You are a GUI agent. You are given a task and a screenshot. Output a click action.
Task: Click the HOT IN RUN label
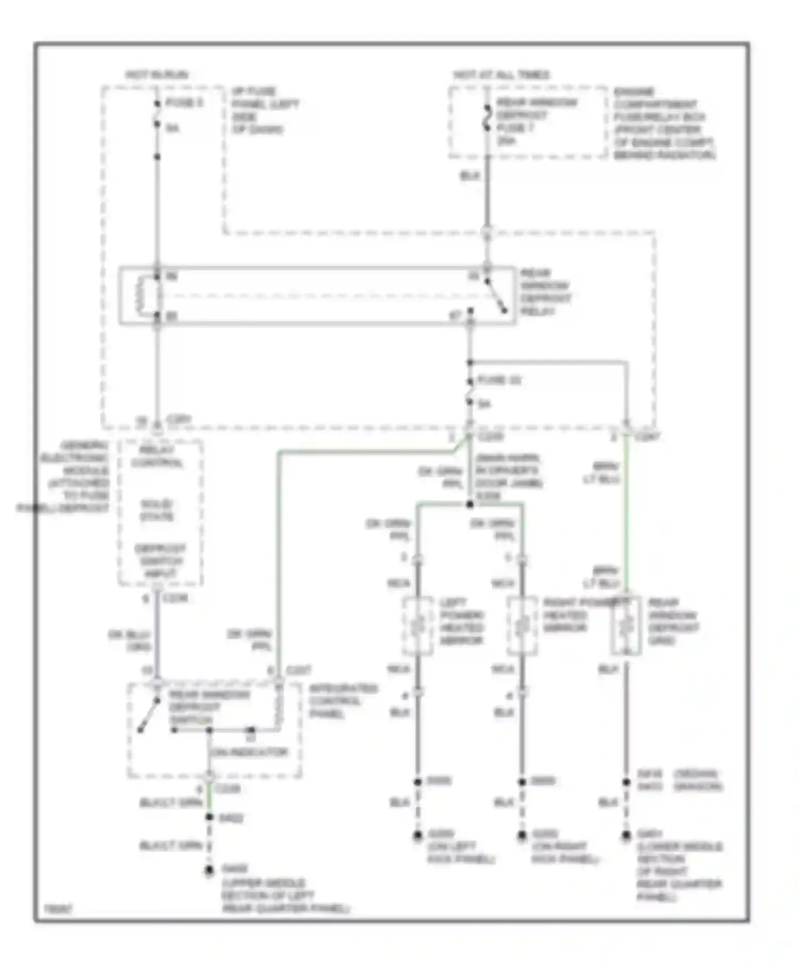[x=157, y=74]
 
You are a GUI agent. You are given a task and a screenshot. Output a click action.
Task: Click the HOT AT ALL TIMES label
[x=501, y=74]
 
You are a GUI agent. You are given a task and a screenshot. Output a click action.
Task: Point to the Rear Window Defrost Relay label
[x=545, y=292]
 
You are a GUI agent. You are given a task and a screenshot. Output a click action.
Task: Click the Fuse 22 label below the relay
[x=498, y=380]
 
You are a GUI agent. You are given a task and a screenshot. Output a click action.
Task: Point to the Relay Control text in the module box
[x=157, y=456]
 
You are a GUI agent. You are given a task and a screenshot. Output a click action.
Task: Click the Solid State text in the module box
[x=157, y=510]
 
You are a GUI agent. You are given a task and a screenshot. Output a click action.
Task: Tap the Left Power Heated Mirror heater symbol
[x=418, y=626]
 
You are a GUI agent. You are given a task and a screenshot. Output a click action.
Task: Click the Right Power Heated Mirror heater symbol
[x=522, y=626]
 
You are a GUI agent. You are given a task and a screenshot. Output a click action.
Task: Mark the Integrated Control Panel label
[x=343, y=701]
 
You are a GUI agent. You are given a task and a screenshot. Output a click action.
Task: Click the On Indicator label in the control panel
[x=249, y=752]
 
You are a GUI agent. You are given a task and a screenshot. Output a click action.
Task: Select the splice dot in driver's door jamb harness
[x=470, y=504]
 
